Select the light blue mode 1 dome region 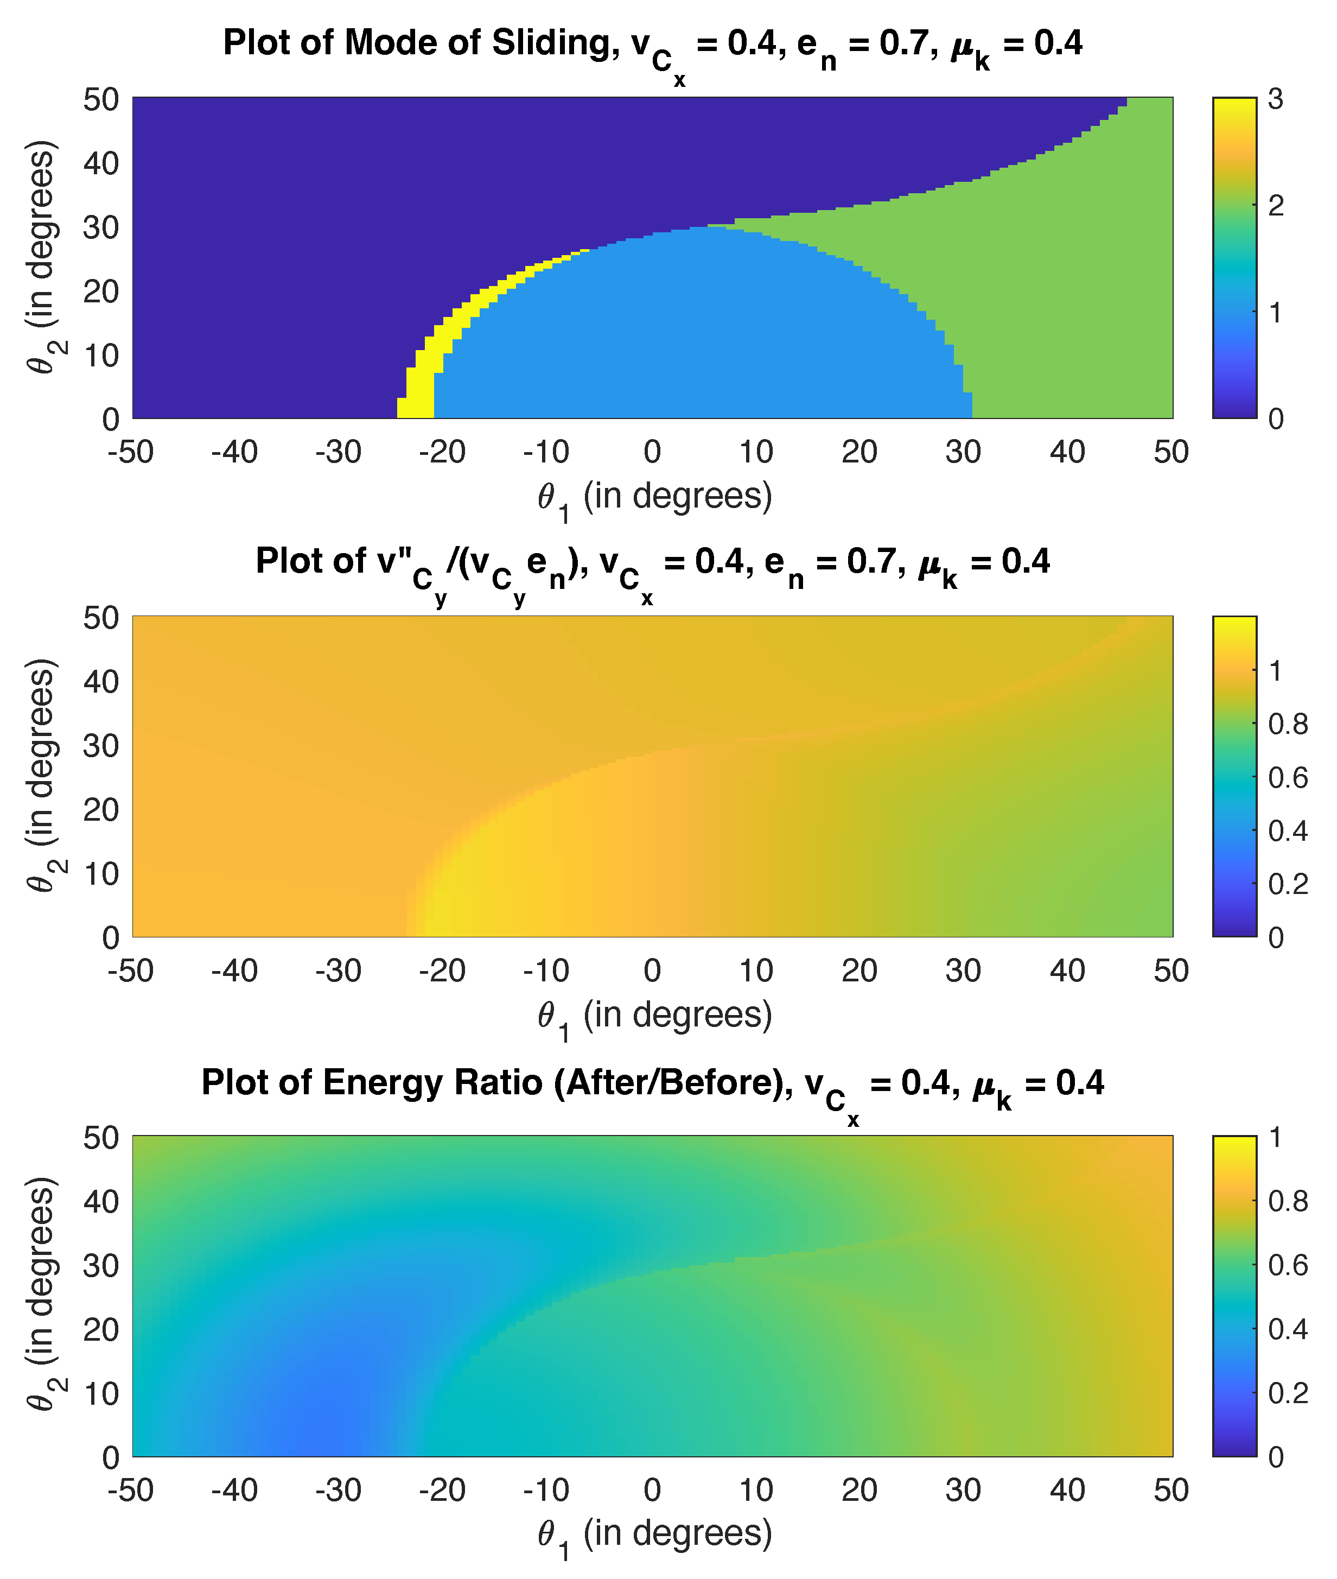(682, 333)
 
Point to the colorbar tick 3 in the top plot (1276, 99)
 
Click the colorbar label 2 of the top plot (1276, 205)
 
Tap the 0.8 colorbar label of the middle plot (1288, 725)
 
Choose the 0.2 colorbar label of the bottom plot (1288, 1392)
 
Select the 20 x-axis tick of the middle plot (859, 971)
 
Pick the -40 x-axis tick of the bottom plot (235, 1491)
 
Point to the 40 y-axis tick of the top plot (101, 164)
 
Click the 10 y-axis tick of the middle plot (101, 874)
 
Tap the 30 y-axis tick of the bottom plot (101, 1265)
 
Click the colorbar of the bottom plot (1234, 1296)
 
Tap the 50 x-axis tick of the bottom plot (1171, 1491)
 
